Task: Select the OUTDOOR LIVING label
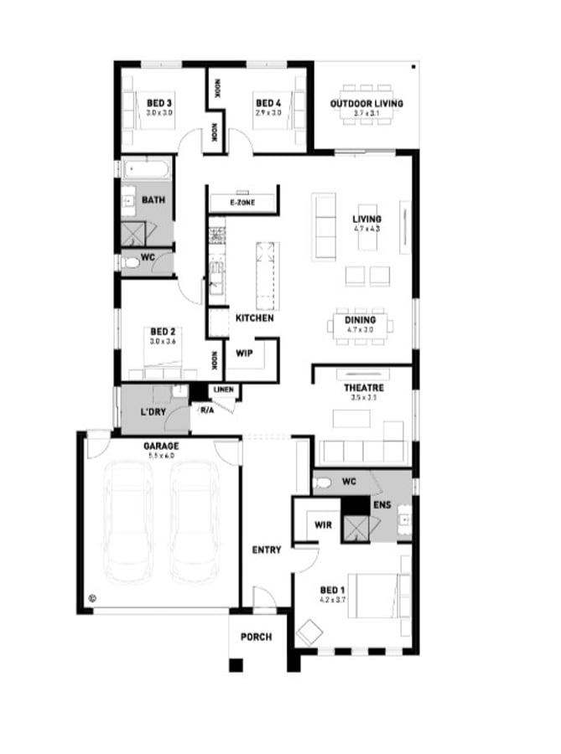(x=366, y=103)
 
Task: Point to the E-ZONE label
(x=242, y=203)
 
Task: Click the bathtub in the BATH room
(x=147, y=171)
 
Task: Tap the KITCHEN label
(x=254, y=318)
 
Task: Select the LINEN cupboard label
(x=223, y=390)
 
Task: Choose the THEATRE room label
(x=364, y=388)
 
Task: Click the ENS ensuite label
(x=382, y=506)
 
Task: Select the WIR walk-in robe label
(x=323, y=525)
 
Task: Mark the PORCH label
(x=256, y=637)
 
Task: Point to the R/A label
(x=206, y=410)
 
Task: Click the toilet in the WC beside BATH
(x=132, y=263)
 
